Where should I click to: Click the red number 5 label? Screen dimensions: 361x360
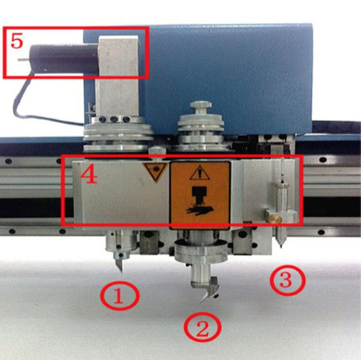tap(17, 41)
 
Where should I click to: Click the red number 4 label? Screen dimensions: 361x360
tap(89, 176)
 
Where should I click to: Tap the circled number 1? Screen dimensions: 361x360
tap(120, 296)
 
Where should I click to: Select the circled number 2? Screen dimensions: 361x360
tap(203, 327)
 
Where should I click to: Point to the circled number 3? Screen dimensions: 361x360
tap(288, 281)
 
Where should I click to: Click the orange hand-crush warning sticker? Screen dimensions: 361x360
tap(200, 194)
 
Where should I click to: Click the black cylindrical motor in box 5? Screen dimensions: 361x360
tap(64, 59)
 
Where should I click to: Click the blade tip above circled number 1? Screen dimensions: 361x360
tap(121, 272)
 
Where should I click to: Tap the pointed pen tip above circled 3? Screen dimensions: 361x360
tap(280, 246)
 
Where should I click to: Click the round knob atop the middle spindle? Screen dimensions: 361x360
tap(200, 104)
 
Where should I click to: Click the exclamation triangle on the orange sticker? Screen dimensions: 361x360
tap(200, 173)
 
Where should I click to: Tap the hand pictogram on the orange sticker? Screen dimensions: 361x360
tap(200, 211)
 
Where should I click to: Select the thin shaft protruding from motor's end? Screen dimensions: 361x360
tap(24, 59)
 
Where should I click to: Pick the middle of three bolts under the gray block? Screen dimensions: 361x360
tap(114, 119)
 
